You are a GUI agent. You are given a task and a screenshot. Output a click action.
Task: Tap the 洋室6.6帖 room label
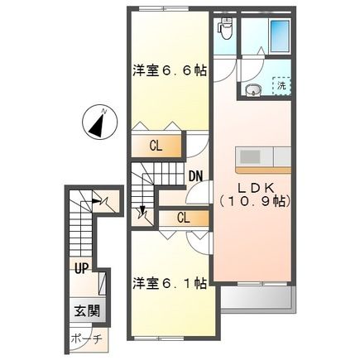(168, 71)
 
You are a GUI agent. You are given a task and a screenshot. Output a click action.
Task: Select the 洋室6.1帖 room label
(168, 285)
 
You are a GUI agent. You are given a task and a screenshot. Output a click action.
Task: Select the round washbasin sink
(253, 89)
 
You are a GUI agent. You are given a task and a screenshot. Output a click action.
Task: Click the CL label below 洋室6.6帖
(156, 146)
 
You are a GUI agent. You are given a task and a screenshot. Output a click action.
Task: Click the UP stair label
(81, 268)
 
